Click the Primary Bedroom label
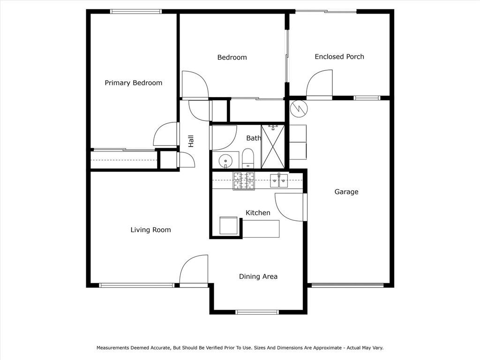tap(133, 83)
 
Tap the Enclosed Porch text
tap(339, 57)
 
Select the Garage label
tap(346, 192)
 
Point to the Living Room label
tap(150, 230)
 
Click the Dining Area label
tap(258, 277)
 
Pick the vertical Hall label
tap(191, 141)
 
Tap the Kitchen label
tap(258, 213)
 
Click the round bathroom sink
tap(225, 159)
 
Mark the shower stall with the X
tap(273, 146)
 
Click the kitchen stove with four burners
tap(244, 181)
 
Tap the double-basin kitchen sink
tap(279, 180)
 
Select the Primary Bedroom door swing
tap(167, 134)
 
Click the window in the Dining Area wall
tap(257, 312)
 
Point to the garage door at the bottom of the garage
tap(347, 285)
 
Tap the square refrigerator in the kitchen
tap(229, 225)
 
